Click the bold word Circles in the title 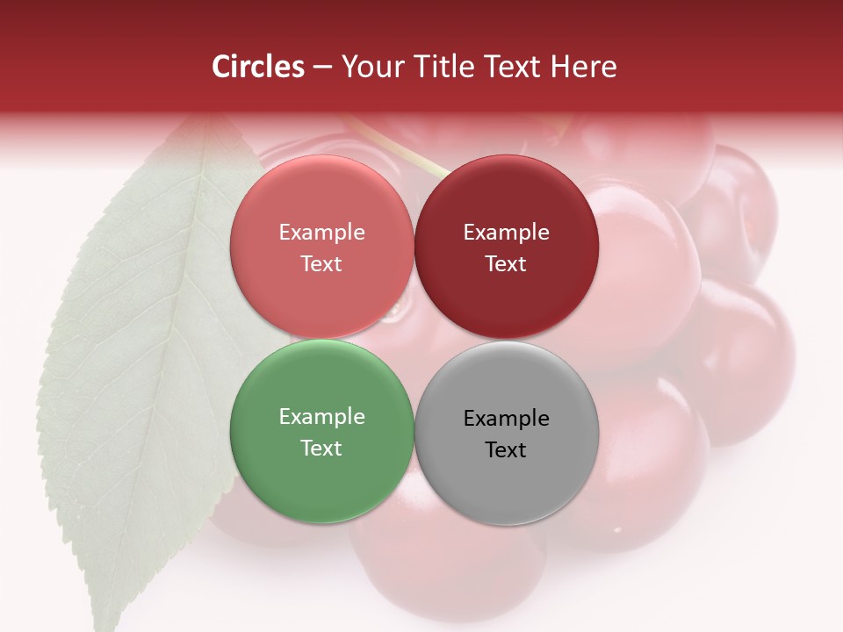click(258, 67)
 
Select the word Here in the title click(583, 67)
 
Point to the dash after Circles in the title click(322, 68)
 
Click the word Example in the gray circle click(507, 419)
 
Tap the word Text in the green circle click(321, 448)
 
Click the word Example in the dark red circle click(507, 233)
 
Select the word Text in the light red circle click(321, 263)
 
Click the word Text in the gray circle click(506, 449)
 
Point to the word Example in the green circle click(321, 417)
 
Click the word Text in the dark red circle click(506, 263)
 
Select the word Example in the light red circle click(321, 233)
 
